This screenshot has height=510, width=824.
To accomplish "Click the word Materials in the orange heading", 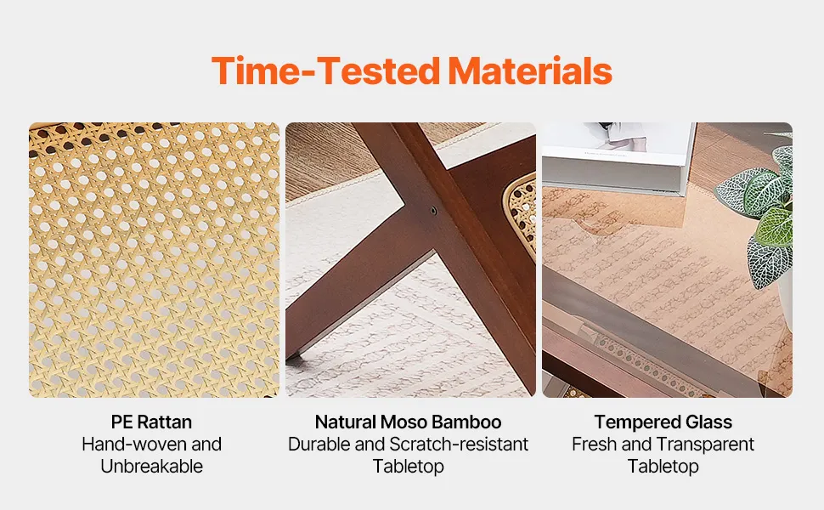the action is (x=530, y=71).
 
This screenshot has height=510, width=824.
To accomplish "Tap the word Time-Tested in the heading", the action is (x=326, y=71).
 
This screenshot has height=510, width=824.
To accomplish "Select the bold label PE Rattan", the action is (x=151, y=422).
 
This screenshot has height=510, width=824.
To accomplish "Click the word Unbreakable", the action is (x=151, y=466).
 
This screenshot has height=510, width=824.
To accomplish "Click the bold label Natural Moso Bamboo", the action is (x=409, y=422).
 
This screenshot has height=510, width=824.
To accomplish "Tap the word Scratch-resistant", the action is (x=459, y=445).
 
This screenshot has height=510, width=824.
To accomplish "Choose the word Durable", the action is (x=319, y=445).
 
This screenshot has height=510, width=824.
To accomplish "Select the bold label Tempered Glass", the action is (x=663, y=422).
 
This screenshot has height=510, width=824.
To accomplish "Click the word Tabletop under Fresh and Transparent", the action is (x=663, y=466).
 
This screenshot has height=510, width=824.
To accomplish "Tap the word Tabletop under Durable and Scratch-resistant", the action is (x=409, y=466).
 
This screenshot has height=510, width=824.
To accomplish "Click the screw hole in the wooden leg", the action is (x=433, y=211).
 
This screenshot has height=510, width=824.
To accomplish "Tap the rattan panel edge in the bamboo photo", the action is (x=520, y=216).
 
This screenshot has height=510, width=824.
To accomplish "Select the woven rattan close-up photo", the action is (x=154, y=260).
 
